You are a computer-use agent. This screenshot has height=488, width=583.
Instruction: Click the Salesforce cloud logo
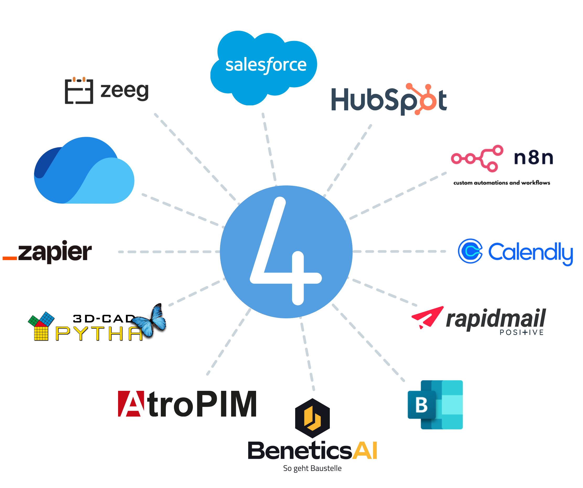click(x=264, y=67)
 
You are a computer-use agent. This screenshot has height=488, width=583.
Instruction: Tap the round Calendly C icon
click(x=470, y=251)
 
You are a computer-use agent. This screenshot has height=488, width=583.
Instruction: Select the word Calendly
click(x=530, y=252)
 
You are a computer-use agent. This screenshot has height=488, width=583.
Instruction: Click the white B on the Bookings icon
click(x=421, y=405)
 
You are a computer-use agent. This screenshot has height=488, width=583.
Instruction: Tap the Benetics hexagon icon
click(x=312, y=418)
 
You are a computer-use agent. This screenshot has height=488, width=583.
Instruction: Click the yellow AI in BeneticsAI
click(x=364, y=450)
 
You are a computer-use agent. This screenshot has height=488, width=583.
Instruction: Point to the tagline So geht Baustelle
click(x=312, y=469)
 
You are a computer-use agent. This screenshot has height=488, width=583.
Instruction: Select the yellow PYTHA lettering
click(x=99, y=334)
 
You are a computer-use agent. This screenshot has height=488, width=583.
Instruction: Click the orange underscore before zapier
click(x=10, y=258)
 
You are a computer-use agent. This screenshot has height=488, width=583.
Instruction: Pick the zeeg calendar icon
click(x=79, y=91)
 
